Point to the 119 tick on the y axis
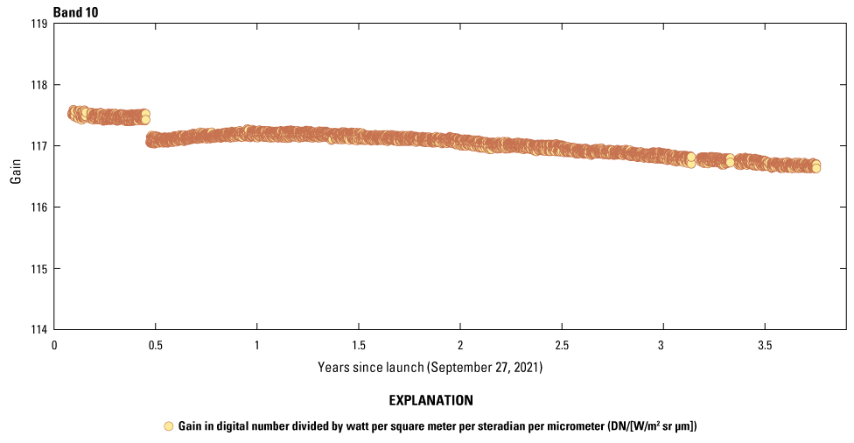pos(39,24)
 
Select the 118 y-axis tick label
pos(39,85)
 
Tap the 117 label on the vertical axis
pos(39,146)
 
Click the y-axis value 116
pos(39,207)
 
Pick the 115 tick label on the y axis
pos(39,269)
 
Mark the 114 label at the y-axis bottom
pos(39,329)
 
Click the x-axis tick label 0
pos(54,345)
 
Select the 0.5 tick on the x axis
pos(156,345)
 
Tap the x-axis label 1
pos(257,345)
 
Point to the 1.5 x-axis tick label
pos(359,345)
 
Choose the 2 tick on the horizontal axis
pos(460,345)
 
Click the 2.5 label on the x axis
pos(562,345)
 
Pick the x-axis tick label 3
pos(662,345)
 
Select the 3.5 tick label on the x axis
pos(764,345)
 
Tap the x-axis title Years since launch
pos(430,368)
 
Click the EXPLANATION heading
pos(430,401)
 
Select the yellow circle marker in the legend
pos(169,426)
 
